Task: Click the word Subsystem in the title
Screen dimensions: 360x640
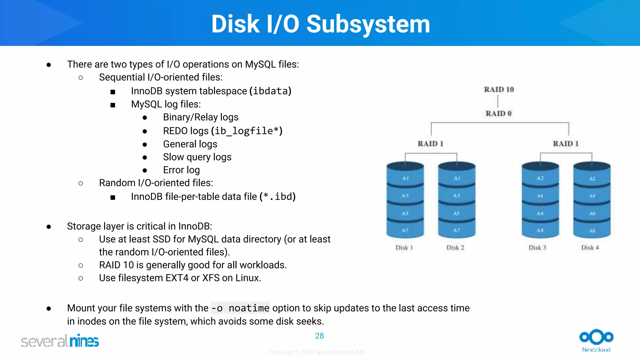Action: (x=368, y=24)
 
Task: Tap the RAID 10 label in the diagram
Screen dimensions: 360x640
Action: (x=499, y=90)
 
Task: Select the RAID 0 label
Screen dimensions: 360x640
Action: (x=498, y=113)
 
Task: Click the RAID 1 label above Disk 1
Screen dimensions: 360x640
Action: (x=431, y=144)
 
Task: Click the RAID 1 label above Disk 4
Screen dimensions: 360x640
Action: (x=566, y=144)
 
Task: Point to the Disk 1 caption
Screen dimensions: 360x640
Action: (x=404, y=248)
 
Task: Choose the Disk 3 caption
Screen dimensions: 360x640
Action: (x=537, y=248)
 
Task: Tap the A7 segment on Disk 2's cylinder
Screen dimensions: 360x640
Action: (x=457, y=230)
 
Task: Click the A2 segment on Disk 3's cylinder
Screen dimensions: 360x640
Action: (x=540, y=178)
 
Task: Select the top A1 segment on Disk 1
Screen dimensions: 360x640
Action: (x=405, y=178)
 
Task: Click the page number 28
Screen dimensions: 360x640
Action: (x=319, y=336)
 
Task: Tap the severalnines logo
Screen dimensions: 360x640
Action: (x=60, y=341)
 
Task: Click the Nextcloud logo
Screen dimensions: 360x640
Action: (x=596, y=340)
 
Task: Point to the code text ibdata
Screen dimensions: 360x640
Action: (x=270, y=91)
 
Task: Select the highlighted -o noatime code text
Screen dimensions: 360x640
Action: (x=240, y=308)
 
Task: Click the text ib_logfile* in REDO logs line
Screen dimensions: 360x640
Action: (x=247, y=131)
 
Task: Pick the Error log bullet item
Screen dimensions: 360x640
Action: (x=181, y=170)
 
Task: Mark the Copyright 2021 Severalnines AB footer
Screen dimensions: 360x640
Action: (x=316, y=352)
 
